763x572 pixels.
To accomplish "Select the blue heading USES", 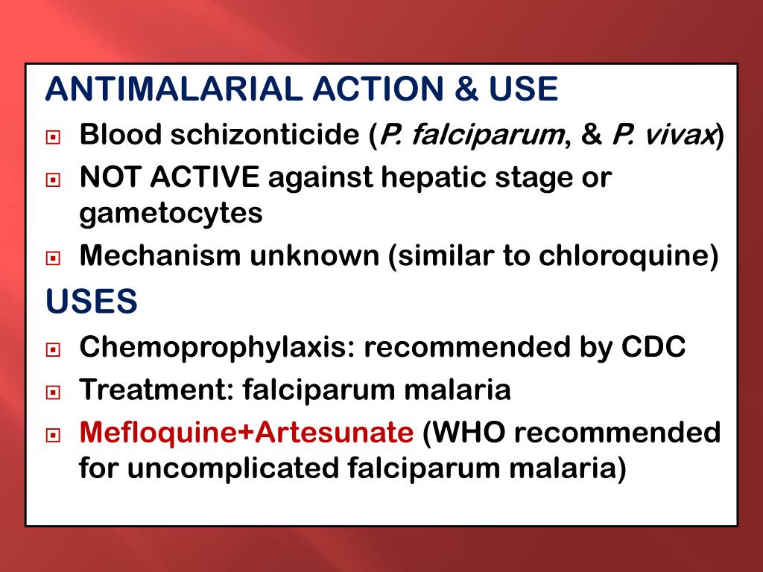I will pyautogui.click(x=91, y=302).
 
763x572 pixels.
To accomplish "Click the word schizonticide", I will pyautogui.click(x=265, y=136).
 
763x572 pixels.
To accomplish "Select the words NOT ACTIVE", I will pyautogui.click(x=170, y=178).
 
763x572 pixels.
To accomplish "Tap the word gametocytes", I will pyautogui.click(x=171, y=214).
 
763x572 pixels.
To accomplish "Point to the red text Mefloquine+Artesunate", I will pyautogui.click(x=246, y=433).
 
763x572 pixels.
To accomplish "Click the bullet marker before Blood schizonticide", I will pyautogui.click(x=53, y=138).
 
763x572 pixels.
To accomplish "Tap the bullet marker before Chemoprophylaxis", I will pyautogui.click(x=53, y=349).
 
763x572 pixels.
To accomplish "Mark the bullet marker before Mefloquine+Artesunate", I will pyautogui.click(x=53, y=435).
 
